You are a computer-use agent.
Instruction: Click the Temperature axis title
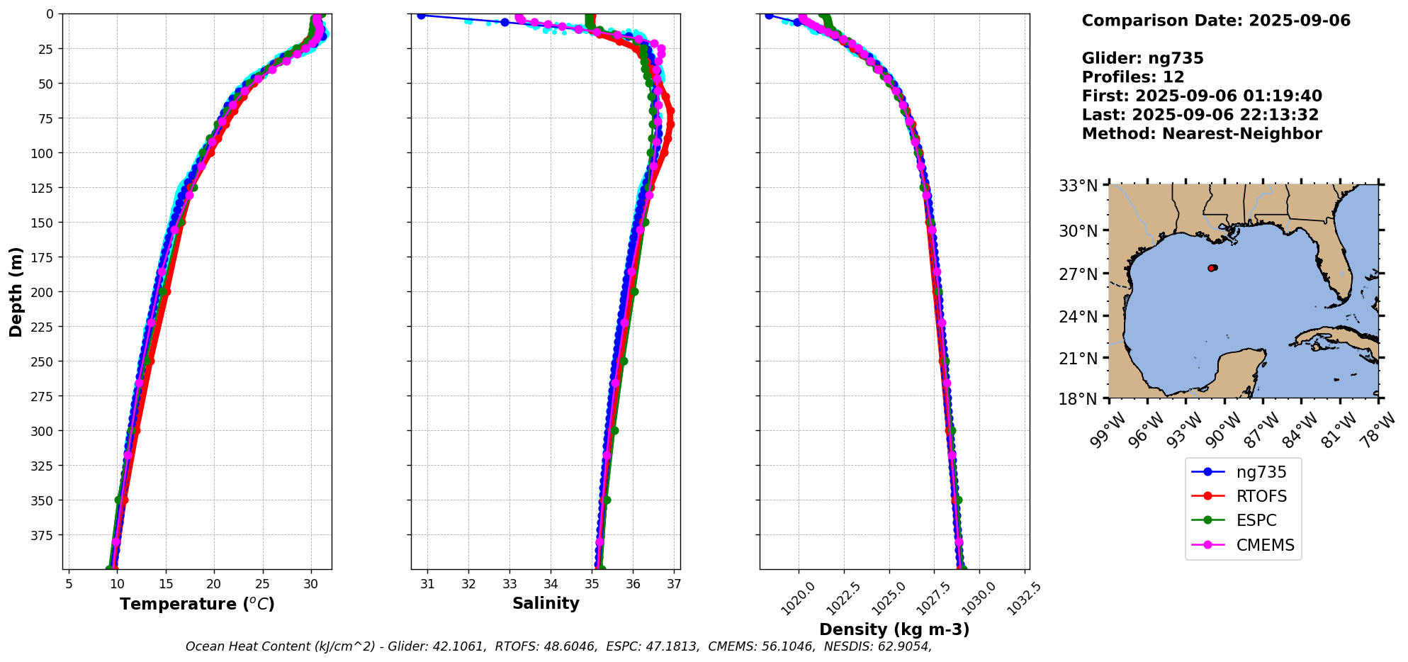click(x=197, y=604)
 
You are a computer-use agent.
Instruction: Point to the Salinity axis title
click(x=546, y=603)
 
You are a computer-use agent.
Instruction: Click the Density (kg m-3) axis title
click(x=894, y=629)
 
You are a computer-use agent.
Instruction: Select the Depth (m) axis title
click(x=16, y=291)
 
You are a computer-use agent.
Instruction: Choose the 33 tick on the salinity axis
click(x=510, y=584)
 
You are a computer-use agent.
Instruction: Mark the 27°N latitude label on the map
click(x=1078, y=274)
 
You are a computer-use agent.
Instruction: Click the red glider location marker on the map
click(x=1212, y=268)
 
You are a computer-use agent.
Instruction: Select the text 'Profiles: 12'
click(x=1132, y=77)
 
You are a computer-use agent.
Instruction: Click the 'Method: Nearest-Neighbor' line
click(x=1201, y=134)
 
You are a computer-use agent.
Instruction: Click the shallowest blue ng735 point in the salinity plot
click(x=421, y=16)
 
